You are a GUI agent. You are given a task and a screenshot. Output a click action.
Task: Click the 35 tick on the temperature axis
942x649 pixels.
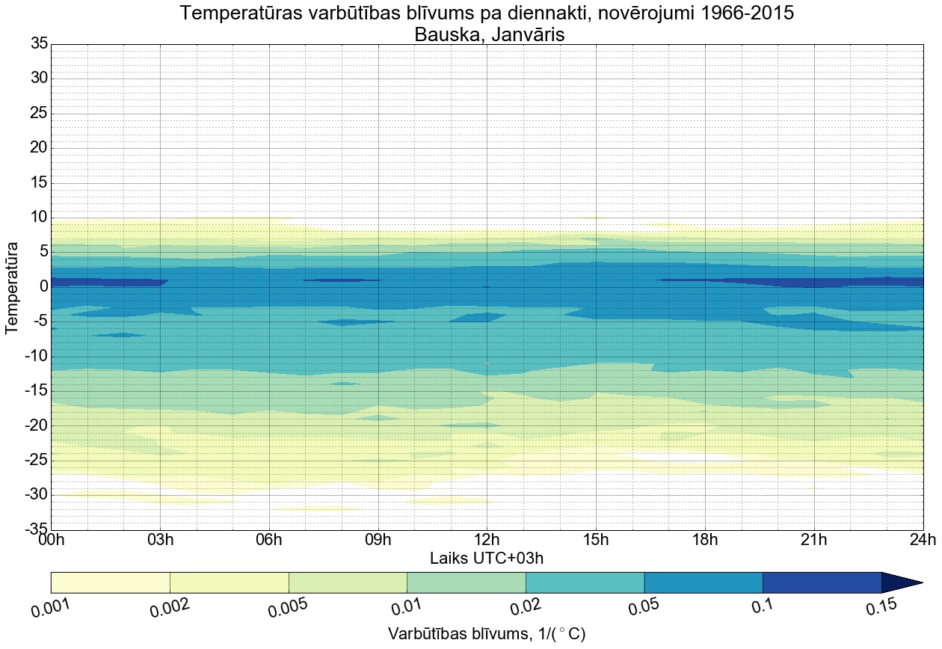coord(39,44)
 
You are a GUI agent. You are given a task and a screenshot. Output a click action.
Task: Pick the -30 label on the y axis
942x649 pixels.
coord(35,495)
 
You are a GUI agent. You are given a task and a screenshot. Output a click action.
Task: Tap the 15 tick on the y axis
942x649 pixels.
coord(39,183)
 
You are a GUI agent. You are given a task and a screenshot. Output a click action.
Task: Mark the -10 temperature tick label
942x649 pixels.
coord(35,356)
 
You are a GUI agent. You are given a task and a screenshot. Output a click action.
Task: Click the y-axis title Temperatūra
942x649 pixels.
coord(13,286)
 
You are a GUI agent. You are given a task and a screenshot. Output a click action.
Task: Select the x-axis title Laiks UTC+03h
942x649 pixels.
coord(487,559)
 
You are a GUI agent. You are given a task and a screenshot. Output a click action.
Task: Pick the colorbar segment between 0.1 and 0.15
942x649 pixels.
coord(822,582)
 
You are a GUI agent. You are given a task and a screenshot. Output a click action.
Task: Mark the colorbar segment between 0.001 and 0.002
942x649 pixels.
coord(111,582)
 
